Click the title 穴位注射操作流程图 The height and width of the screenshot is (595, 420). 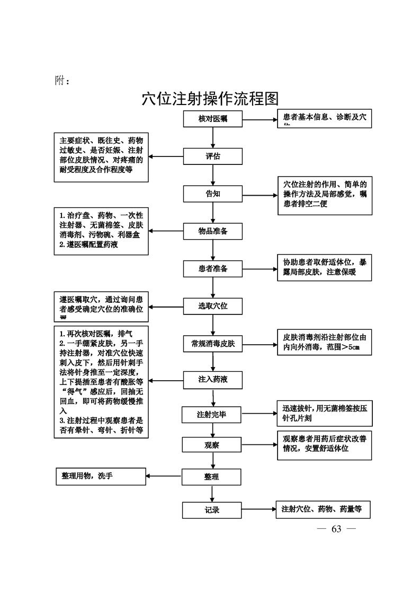point(210,99)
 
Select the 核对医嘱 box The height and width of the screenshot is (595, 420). point(213,119)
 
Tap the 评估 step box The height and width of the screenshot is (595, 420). point(213,156)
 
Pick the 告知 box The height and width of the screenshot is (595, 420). point(213,194)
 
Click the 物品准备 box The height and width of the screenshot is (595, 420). point(213,231)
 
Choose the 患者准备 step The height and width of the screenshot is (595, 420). point(213,269)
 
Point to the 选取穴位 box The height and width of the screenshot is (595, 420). point(213,306)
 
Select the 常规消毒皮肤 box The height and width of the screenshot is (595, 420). point(213,344)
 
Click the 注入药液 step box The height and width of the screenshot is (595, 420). point(213,380)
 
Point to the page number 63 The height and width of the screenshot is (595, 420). point(336,529)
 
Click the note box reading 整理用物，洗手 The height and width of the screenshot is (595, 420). point(101,476)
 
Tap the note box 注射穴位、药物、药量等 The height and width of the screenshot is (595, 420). point(323,510)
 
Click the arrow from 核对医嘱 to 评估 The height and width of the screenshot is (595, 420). point(213,138)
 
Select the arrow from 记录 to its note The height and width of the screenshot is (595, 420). point(258,510)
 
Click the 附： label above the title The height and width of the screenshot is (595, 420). point(62,81)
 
